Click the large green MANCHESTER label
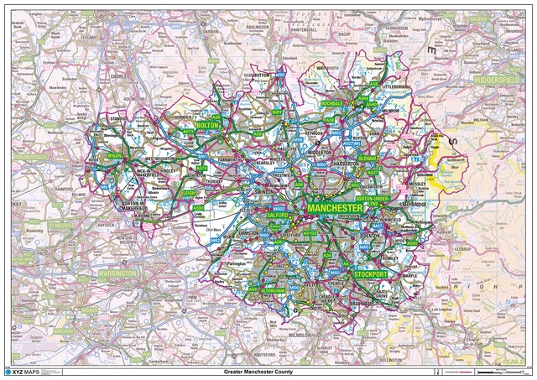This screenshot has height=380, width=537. pos(334,207)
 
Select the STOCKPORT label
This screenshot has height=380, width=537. pos(369,274)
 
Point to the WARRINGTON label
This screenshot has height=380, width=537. pos(117,273)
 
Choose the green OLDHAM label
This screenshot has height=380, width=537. pos(366,159)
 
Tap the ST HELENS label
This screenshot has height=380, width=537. pos(60,225)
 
